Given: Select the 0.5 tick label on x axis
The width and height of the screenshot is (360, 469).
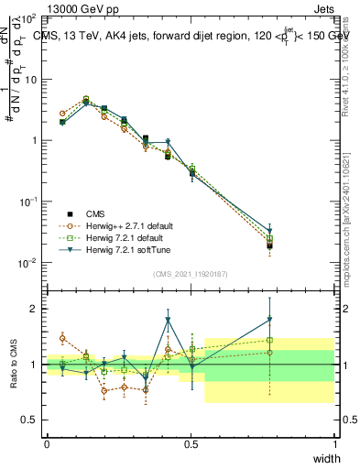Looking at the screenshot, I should tap(191, 444).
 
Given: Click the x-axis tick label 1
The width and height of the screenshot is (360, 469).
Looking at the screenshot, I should tap(335, 444).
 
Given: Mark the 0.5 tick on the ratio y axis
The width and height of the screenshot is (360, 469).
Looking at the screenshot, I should tap(27, 420).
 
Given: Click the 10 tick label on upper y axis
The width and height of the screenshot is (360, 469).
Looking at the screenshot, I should tap(27, 80).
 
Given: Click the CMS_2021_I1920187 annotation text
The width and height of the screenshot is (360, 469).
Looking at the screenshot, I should tap(191, 274).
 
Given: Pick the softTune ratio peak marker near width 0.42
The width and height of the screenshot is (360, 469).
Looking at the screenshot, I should tap(168, 320).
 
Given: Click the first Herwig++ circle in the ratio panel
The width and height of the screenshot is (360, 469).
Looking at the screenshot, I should tap(62, 338).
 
